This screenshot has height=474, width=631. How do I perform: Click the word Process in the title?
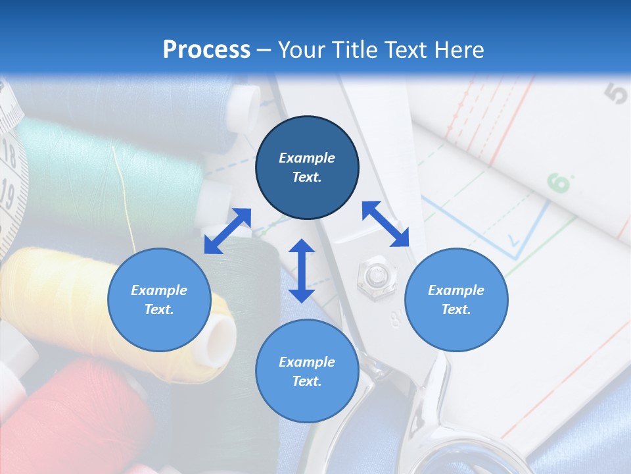206,49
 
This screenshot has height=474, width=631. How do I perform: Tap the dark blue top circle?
307,167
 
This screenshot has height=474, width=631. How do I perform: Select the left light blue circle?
159,300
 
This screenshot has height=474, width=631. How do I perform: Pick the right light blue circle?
456,300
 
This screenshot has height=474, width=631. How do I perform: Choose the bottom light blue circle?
307,371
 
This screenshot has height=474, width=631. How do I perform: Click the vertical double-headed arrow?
302,271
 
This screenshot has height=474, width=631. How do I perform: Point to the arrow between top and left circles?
227,231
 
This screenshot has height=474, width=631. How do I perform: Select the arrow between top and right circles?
386,224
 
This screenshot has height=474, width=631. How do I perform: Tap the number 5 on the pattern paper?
617,94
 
